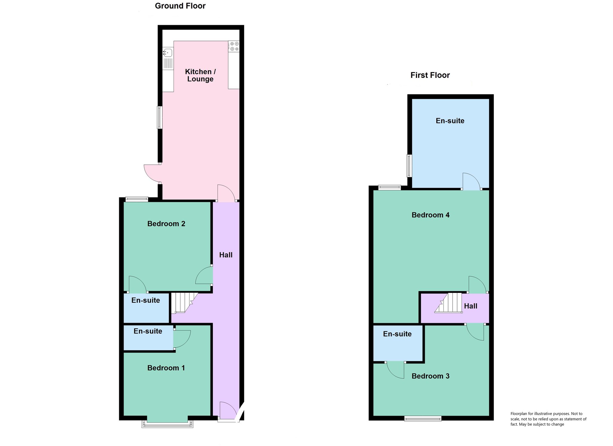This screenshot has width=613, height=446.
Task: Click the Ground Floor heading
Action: [x=180, y=6]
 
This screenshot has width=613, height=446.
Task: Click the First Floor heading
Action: [x=430, y=75]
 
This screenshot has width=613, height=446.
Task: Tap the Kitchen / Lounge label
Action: [x=200, y=75]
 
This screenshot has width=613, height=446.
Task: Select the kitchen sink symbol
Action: [x=168, y=53]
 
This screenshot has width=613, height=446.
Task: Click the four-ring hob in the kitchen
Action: [x=234, y=46]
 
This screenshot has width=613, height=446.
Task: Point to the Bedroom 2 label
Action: [x=166, y=224]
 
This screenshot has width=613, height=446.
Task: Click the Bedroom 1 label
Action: [x=166, y=368]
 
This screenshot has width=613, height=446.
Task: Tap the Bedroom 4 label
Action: [x=430, y=215]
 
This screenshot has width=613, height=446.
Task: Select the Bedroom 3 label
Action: [x=430, y=376]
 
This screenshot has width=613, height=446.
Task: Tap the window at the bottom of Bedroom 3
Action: [x=423, y=418]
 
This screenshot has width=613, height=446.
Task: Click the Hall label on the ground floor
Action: [x=226, y=255]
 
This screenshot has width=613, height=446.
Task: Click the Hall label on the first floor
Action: [x=471, y=306]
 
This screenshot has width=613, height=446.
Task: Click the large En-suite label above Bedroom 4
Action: [x=450, y=121]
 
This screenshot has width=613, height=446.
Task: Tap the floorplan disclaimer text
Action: [x=548, y=419]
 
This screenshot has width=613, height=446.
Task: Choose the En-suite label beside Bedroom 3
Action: [x=397, y=334]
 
